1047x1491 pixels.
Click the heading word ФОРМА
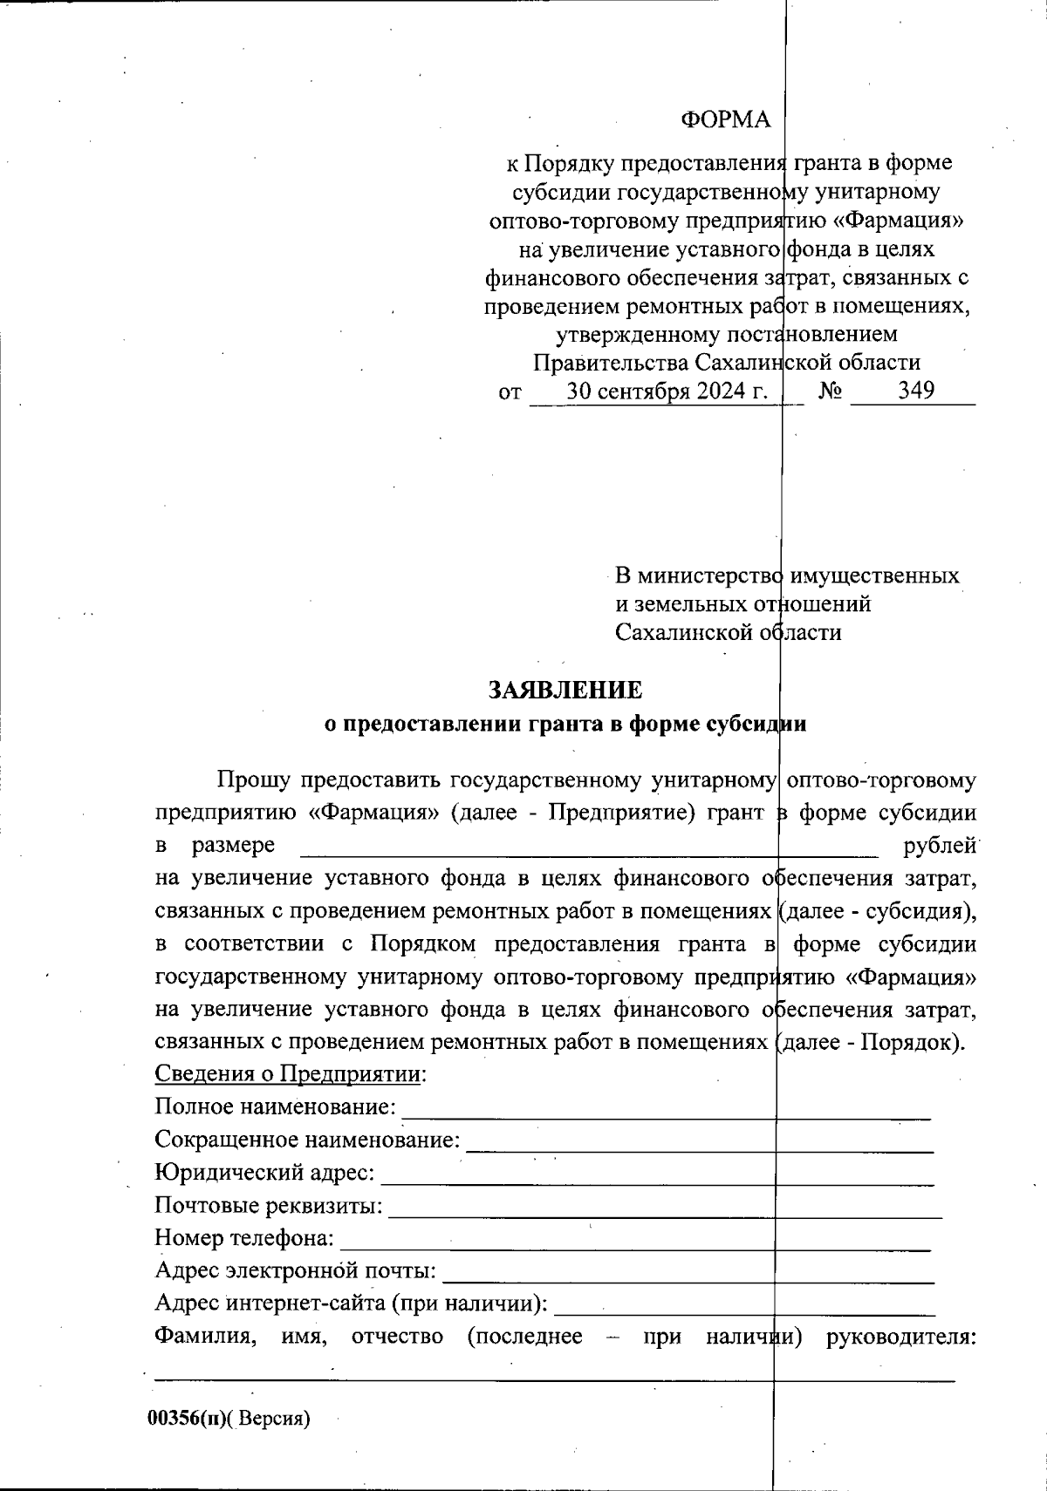tap(725, 120)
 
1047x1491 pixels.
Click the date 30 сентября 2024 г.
tap(667, 391)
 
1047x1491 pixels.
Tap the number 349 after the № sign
tap(916, 391)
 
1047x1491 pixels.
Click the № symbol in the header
tap(830, 391)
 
